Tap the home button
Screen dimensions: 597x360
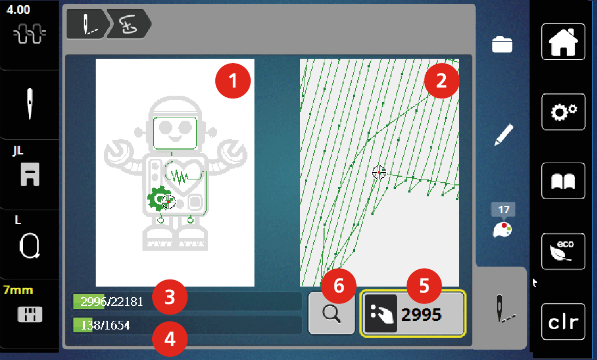563,41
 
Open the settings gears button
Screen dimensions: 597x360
563,111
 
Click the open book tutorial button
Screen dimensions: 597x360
563,181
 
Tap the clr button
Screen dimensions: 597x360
563,321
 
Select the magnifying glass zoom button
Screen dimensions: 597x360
331,314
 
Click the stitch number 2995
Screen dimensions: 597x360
421,315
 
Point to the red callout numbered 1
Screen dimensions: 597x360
233,81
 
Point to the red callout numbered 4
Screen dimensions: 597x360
170,339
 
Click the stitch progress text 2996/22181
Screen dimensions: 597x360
112,302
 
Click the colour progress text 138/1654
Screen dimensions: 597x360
105,325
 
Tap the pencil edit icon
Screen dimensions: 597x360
503,135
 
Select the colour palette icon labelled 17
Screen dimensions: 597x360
503,221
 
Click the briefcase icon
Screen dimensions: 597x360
502,44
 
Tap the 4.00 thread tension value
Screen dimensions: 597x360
18,10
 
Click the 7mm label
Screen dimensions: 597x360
18,290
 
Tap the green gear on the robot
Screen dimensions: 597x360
157,198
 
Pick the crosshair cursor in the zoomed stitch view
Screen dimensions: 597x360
379,172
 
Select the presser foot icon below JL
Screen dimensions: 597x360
30,175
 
